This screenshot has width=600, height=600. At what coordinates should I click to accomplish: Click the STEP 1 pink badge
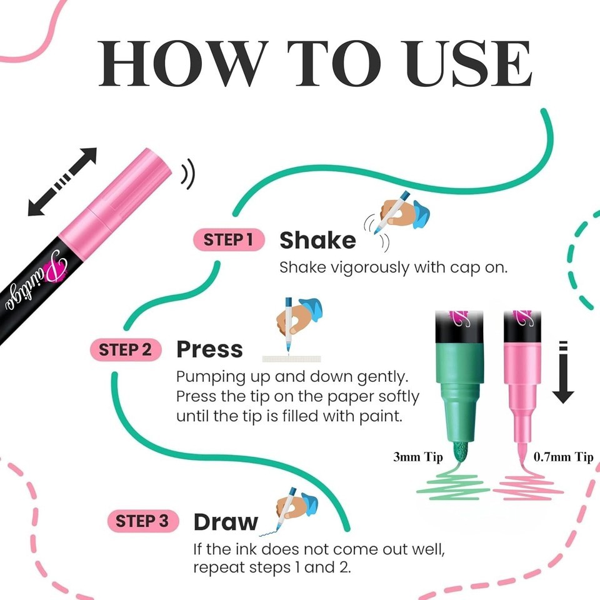229,240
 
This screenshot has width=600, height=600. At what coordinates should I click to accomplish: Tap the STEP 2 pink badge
126,350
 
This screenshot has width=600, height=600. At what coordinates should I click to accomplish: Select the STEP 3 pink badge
142,521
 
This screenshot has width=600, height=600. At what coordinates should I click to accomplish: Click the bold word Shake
317,240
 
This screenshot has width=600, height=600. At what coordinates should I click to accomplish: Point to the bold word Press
209,349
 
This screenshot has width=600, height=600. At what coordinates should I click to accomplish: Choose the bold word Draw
226,522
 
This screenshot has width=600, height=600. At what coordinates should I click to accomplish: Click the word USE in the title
468,64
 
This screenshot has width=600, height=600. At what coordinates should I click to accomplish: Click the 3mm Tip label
418,457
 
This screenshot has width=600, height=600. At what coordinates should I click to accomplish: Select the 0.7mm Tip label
563,457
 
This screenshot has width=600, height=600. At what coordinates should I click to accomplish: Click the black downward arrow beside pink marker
563,372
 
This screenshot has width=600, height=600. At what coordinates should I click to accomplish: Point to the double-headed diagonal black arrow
62,182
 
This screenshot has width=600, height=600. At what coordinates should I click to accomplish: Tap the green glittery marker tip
460,452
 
